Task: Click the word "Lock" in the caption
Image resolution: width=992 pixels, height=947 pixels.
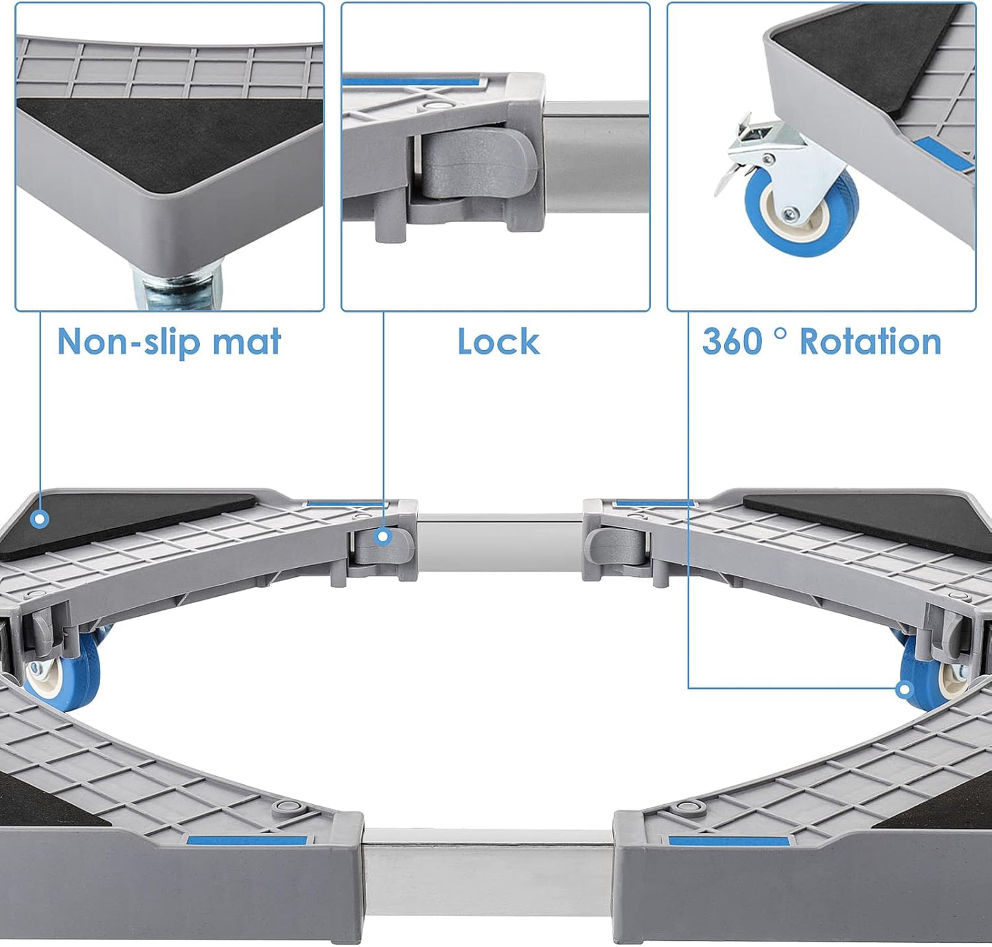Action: (x=498, y=341)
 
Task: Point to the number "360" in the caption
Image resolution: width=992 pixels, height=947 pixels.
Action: (x=733, y=341)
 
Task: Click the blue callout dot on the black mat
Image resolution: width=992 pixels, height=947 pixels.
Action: (x=40, y=519)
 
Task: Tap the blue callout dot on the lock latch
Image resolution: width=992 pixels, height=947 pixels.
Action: (x=384, y=536)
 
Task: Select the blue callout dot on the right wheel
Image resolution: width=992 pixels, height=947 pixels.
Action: (x=904, y=688)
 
